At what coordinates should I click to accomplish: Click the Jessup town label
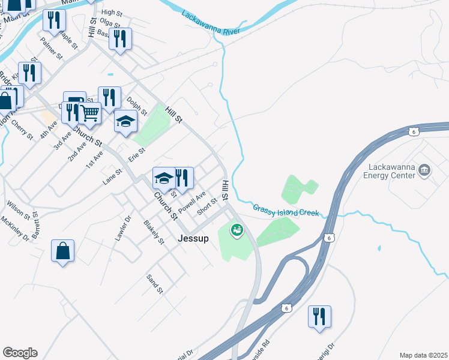pos(193,238)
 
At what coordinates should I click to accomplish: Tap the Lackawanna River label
pos(210,23)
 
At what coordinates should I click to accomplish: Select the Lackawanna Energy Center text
pos(389,171)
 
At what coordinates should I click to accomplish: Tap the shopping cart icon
pos(89,112)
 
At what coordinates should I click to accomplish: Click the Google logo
pos(20,353)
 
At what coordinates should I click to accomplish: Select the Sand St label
pos(154,283)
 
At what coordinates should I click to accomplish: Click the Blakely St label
pos(154,232)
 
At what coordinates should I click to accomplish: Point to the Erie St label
pos(137,155)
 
